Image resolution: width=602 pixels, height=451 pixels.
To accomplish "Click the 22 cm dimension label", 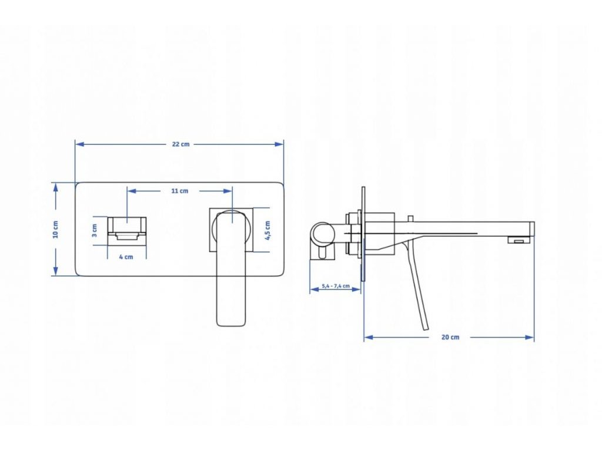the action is point(180,144).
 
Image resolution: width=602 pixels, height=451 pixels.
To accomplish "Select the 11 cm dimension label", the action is point(180,191).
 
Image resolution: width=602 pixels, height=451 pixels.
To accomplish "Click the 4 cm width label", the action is point(126,257).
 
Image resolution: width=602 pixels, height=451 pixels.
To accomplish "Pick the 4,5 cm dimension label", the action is point(267,230).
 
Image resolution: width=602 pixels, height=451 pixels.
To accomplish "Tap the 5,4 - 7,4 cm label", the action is point(336,287).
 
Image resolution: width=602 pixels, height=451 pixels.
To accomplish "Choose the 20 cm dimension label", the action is point(450,337).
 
